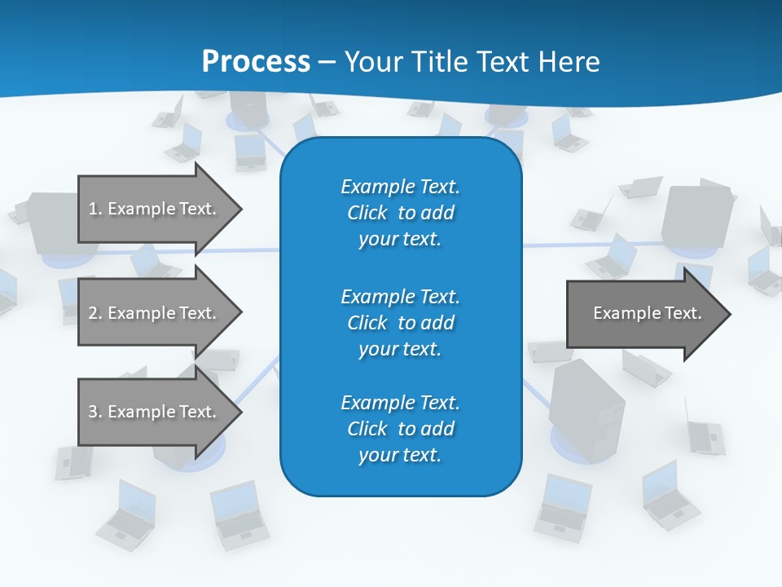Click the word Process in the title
[x=256, y=62]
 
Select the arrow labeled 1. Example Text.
[x=155, y=209]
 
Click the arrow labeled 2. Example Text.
[x=155, y=313]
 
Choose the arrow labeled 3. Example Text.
[x=155, y=412]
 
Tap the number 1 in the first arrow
[x=93, y=209]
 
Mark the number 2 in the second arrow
[x=93, y=313]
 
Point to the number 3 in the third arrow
[x=93, y=412]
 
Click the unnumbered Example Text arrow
[x=644, y=313]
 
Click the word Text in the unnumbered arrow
[x=683, y=313]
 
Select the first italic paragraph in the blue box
[x=400, y=213]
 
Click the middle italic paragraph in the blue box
[x=400, y=322]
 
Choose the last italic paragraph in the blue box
[x=400, y=429]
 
